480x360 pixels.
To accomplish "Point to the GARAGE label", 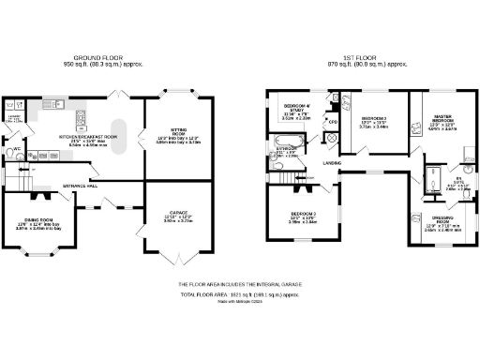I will (172, 215).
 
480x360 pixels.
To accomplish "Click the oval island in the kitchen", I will (119, 135).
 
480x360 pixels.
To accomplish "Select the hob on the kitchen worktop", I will (56, 104).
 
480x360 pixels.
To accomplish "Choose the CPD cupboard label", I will (331, 122).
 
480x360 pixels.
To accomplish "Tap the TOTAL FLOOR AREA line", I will (241, 293).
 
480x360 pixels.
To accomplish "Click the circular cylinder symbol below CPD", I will (331, 137).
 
